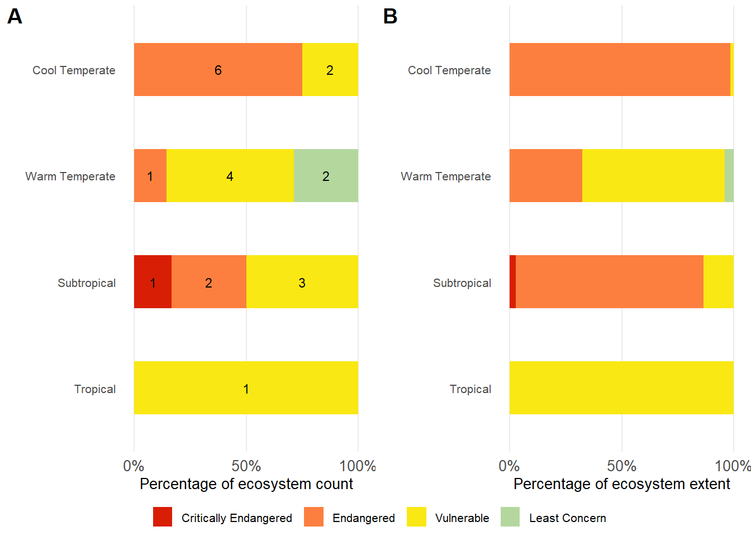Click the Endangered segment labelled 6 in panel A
point(218,70)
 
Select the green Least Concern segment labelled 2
point(326,176)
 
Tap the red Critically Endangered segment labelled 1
point(153,282)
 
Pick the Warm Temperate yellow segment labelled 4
point(230,176)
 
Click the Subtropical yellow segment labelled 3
point(302,282)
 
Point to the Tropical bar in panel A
point(246,388)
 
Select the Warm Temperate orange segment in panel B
point(545,176)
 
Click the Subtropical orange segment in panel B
point(609,282)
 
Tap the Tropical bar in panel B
point(621,388)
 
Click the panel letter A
point(15,17)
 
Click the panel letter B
point(390,17)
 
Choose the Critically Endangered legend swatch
point(163,517)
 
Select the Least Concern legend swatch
point(510,517)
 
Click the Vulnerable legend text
point(462,518)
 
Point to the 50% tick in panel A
point(246,466)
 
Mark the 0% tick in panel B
point(509,466)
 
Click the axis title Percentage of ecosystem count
point(246,484)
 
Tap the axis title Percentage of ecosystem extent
point(621,484)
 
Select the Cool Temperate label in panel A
point(74,70)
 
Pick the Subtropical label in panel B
point(462,283)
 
